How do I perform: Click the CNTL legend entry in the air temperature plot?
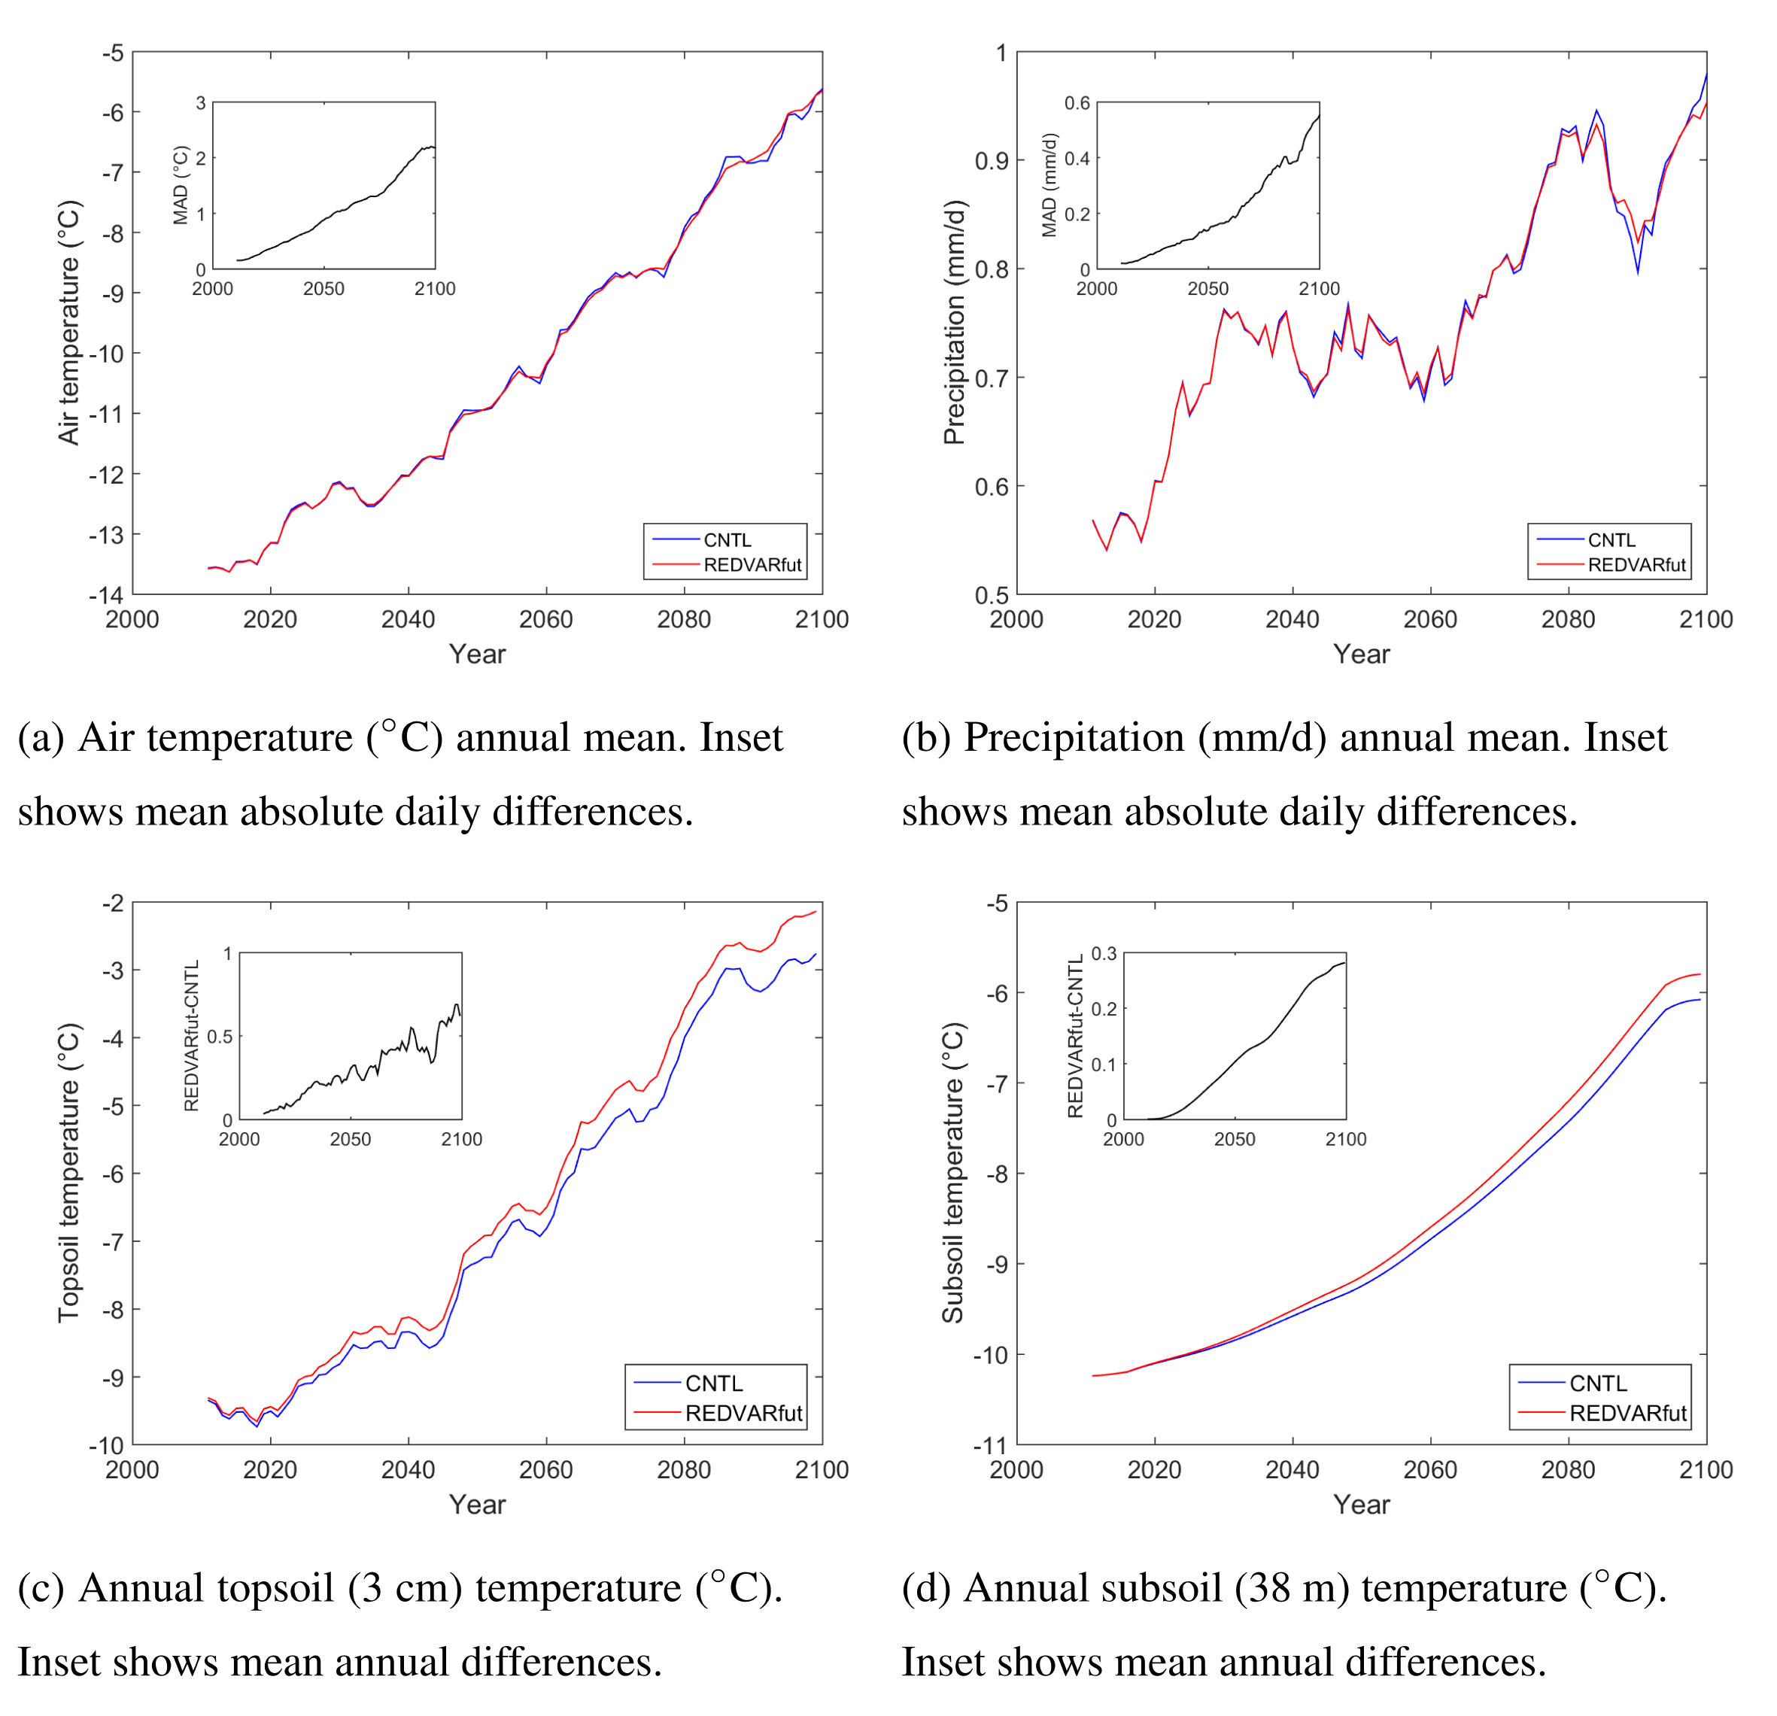coord(726,540)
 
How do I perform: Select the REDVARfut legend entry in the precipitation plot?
coord(1636,565)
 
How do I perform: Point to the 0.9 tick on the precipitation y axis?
coord(992,160)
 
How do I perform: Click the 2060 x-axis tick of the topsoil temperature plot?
coord(545,1469)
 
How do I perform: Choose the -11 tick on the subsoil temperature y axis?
coord(990,1445)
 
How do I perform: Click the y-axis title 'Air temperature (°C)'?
coord(69,323)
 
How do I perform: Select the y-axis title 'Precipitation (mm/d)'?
coord(954,323)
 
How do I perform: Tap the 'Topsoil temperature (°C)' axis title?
coord(69,1173)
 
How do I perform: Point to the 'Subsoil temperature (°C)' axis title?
coord(954,1173)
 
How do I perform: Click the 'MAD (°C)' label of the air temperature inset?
coord(181,185)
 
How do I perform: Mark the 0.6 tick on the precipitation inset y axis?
coord(1077,103)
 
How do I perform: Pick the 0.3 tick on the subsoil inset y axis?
coord(1104,954)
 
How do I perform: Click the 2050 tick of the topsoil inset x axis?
coord(350,1140)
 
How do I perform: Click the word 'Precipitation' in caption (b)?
coord(1074,738)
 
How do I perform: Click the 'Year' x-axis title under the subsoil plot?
coord(1361,1505)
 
